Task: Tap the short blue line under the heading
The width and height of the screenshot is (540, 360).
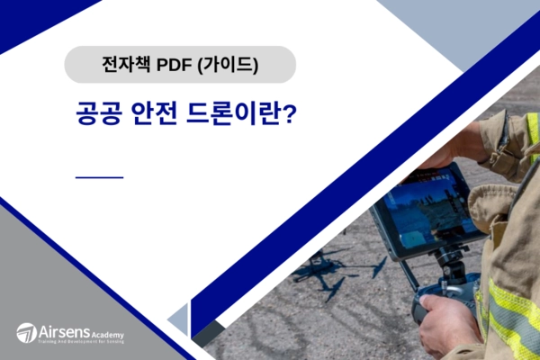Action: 99,177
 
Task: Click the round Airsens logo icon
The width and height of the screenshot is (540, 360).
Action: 26,332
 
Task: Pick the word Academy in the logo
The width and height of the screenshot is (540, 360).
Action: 106,334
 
